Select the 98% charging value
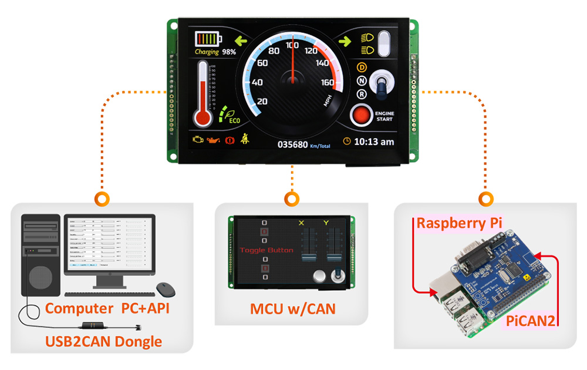click(229, 52)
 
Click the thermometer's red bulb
click(203, 117)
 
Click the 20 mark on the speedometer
click(262, 102)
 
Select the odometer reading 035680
click(292, 143)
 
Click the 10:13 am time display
click(374, 142)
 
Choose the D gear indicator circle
click(362, 68)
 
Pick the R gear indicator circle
click(362, 94)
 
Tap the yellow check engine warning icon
click(198, 140)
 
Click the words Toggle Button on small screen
click(267, 250)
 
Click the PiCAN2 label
click(531, 321)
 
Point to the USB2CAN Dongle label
click(104, 341)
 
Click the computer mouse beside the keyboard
click(166, 289)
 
